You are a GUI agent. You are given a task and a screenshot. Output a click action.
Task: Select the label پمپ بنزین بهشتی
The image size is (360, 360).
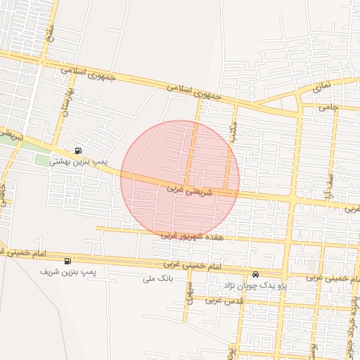[77, 162]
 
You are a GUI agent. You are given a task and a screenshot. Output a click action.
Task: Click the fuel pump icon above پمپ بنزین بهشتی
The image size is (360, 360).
[77, 150]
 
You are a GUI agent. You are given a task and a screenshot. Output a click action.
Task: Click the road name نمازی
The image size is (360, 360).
[320, 87]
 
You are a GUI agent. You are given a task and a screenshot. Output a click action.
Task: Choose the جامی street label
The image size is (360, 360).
[328, 108]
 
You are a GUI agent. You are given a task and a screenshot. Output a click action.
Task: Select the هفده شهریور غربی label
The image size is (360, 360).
[191, 236]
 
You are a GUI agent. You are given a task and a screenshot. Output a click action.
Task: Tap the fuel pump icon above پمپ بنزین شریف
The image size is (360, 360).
[67, 261]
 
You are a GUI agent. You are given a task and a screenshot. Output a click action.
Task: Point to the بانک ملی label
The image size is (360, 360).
[157, 278]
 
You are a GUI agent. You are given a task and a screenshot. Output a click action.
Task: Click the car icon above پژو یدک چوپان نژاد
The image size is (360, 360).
[255, 274]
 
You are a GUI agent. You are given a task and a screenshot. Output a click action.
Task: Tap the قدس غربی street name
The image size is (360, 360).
[224, 300]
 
